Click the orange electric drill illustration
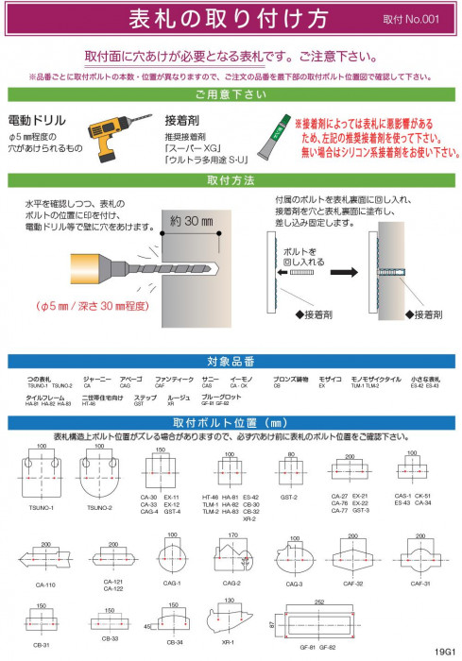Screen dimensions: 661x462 (111, 131)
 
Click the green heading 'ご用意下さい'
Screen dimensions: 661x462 (231, 94)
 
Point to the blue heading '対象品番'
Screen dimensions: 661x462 (231, 362)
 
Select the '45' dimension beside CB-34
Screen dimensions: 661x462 (149, 625)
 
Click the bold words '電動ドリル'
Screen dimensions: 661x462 (37, 121)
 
